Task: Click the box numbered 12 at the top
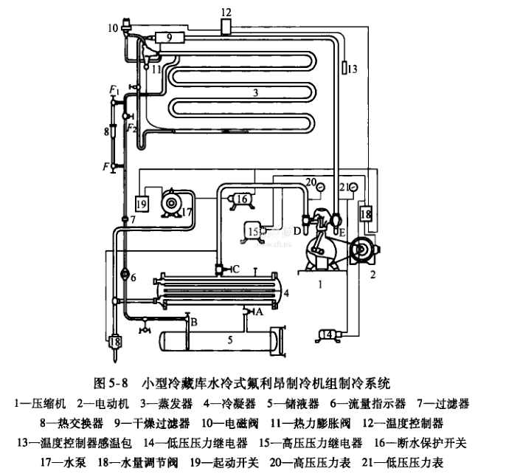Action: (x=226, y=27)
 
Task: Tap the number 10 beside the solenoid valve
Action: (x=112, y=29)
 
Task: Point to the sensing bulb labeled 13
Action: (x=343, y=69)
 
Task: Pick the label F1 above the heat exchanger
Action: (x=113, y=90)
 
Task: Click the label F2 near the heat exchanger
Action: (x=131, y=128)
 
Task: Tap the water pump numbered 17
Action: (x=174, y=201)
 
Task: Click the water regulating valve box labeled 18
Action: (x=366, y=213)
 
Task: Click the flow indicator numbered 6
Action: (x=124, y=277)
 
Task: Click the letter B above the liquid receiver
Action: (x=195, y=322)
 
